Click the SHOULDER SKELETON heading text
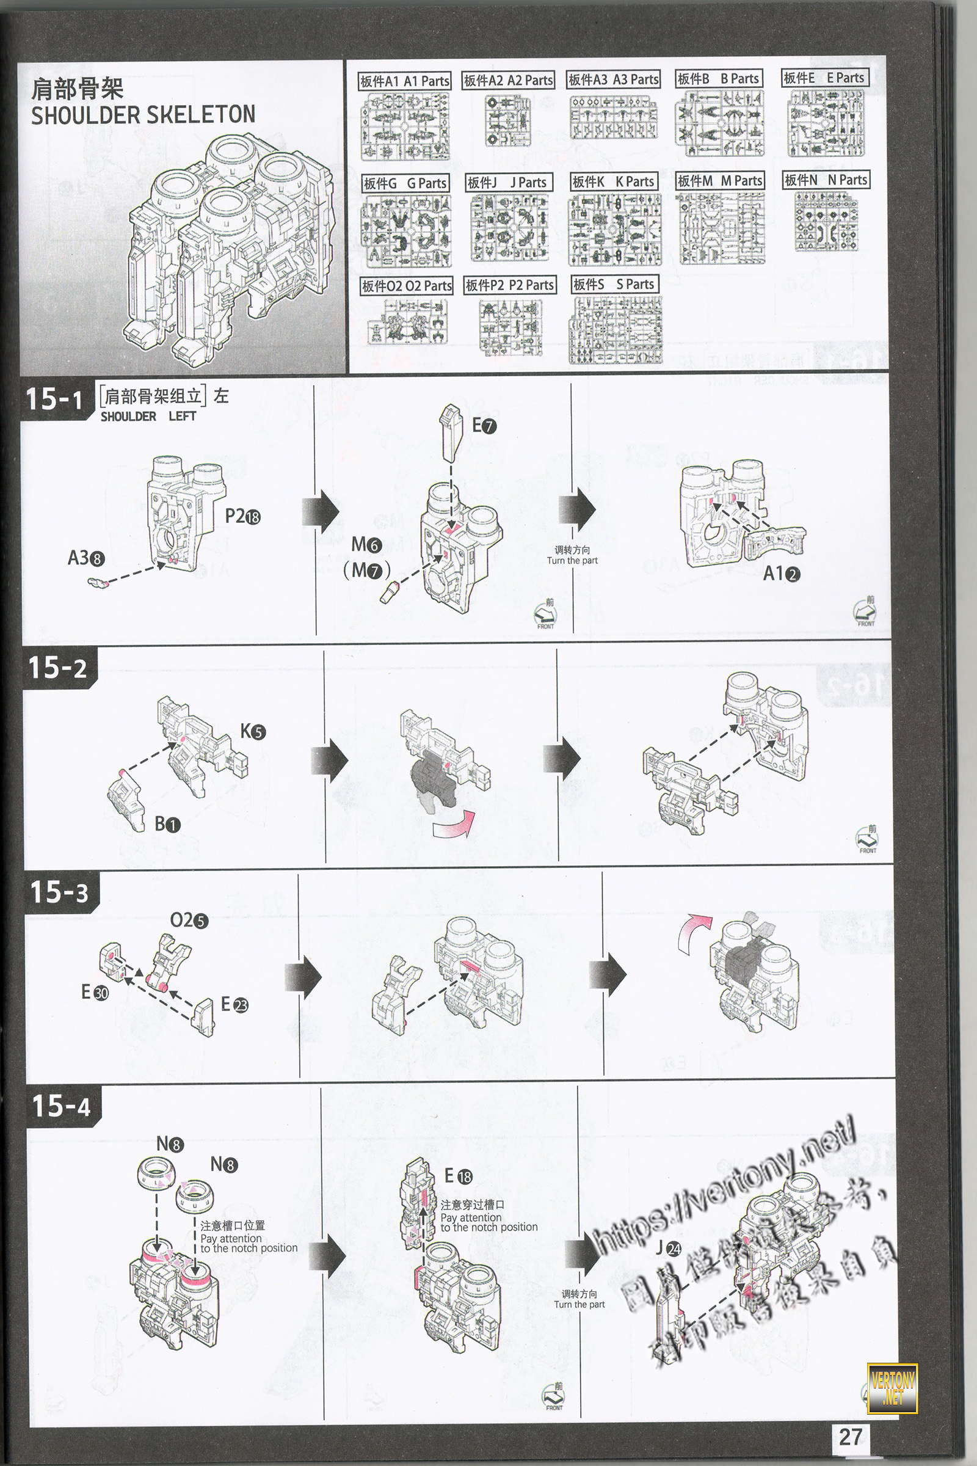[x=143, y=115]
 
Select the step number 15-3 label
[x=59, y=892]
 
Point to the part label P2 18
[x=243, y=516]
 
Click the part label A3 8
[x=86, y=558]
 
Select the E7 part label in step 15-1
[x=484, y=426]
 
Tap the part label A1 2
[x=782, y=574]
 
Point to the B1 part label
[x=167, y=824]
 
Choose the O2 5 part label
[x=189, y=920]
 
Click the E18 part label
[x=458, y=1175]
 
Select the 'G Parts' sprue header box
[x=405, y=183]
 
